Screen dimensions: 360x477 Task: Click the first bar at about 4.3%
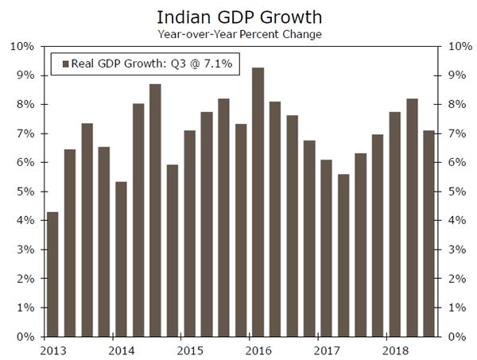pos(53,274)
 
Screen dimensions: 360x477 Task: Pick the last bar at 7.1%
pos(429,234)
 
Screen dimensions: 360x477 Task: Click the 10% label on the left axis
pos(21,46)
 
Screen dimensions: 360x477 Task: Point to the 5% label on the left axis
pos(25,192)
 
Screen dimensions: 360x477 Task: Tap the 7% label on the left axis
pos(25,134)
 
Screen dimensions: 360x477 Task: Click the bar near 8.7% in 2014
pos(155,211)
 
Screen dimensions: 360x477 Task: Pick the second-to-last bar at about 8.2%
pos(412,218)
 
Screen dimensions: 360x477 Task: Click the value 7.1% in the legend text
pos(218,64)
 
